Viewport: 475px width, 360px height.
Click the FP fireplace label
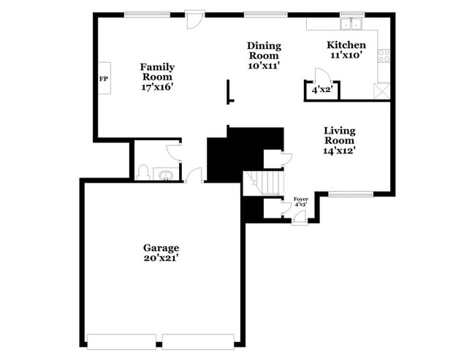103,79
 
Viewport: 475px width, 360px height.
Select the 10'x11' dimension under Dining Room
264,66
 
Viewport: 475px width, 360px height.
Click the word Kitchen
346,45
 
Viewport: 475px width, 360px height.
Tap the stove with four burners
384,55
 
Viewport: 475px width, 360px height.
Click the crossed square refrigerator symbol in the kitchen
381,91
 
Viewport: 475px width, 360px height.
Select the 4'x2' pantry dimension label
322,90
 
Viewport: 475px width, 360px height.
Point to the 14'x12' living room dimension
340,151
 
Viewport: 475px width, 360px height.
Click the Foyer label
300,199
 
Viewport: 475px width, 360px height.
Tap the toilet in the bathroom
143,173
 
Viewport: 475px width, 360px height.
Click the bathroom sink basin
165,175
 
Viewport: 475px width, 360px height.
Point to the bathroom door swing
175,150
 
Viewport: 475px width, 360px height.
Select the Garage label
161,248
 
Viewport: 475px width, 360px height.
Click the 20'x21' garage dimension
161,258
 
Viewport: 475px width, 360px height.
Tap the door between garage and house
194,175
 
